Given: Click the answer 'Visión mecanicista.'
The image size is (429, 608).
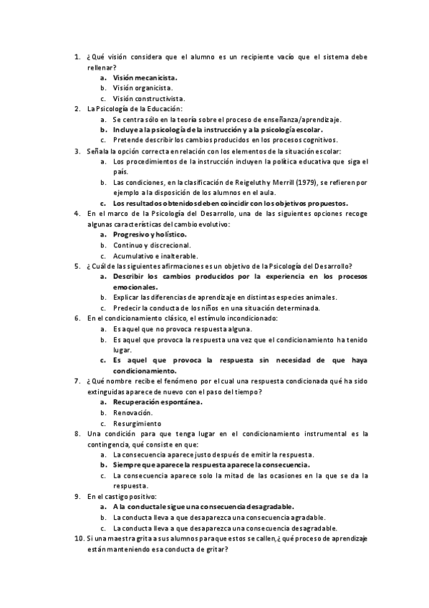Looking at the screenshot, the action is pyautogui.click(x=145, y=77).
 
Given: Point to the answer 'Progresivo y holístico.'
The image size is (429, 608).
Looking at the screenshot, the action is pyautogui.click(x=150, y=234).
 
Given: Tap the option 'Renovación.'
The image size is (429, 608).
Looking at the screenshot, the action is pyautogui.click(x=132, y=413).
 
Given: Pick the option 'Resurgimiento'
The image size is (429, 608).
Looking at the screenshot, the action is pyautogui.click(x=137, y=424).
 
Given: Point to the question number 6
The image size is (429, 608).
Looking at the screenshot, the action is pyautogui.click(x=78, y=318).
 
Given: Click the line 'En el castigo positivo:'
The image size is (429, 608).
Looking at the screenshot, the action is pyautogui.click(x=121, y=496).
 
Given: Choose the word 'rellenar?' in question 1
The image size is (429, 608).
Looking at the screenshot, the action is pyautogui.click(x=101, y=66).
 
